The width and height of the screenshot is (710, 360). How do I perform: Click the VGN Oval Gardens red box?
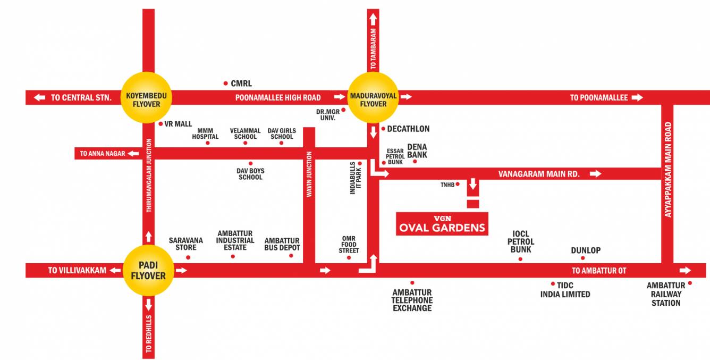[442, 224]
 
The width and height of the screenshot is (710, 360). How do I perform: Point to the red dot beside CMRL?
[225, 83]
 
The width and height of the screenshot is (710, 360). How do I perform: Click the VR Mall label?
[178, 124]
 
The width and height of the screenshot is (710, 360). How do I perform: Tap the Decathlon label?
[408, 129]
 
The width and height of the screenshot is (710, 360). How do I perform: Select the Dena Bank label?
[417, 151]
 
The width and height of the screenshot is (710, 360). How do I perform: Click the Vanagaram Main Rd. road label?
[539, 174]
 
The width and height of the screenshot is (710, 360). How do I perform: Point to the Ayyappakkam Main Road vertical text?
[668, 169]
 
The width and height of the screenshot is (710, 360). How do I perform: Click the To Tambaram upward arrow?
[373, 20]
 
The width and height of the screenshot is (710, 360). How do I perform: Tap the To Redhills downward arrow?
[148, 305]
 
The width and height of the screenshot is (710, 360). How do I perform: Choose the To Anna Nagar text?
[103, 154]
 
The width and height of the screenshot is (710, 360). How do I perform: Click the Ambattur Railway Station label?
[666, 294]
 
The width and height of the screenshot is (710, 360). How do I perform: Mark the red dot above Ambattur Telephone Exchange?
[412, 283]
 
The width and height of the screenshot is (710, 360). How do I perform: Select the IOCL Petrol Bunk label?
[521, 241]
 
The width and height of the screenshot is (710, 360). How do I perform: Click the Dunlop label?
[586, 250]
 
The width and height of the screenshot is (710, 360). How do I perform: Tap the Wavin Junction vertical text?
[309, 174]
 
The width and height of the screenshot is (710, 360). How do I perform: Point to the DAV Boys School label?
[250, 174]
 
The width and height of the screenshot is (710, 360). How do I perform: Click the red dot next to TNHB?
[458, 185]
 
